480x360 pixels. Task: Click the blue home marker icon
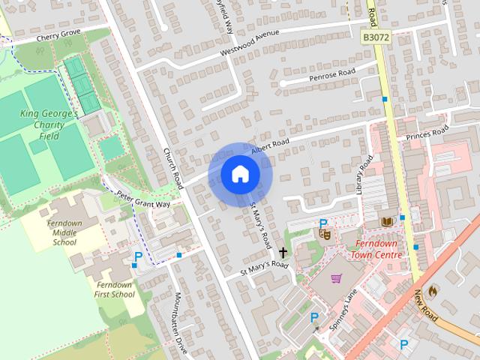(x=240, y=174)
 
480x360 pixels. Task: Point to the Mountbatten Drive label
(x=179, y=316)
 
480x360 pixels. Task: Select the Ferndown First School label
(x=115, y=289)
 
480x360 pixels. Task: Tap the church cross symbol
(x=283, y=253)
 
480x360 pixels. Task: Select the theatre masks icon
(x=326, y=234)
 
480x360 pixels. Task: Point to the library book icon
(x=387, y=223)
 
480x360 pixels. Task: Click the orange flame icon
(x=433, y=291)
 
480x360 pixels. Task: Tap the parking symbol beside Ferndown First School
(x=137, y=258)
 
